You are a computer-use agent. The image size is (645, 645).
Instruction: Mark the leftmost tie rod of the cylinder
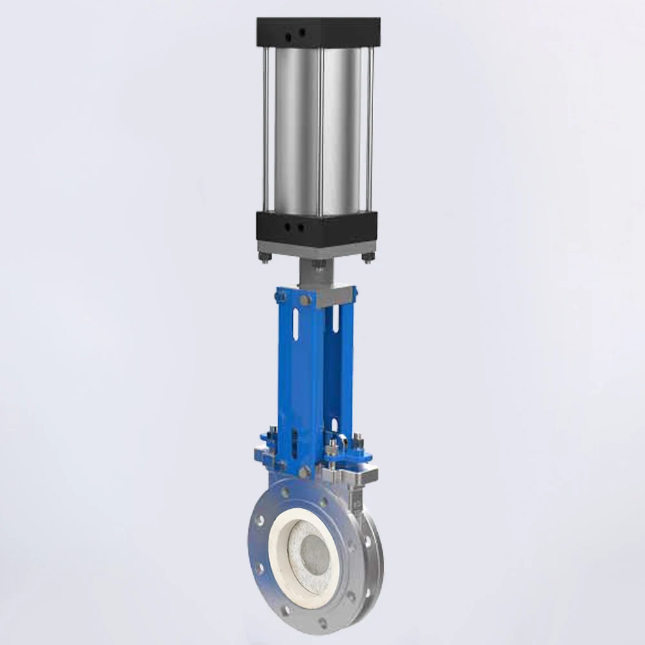point(265,129)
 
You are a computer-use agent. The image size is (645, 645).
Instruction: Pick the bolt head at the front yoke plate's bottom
point(282,464)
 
